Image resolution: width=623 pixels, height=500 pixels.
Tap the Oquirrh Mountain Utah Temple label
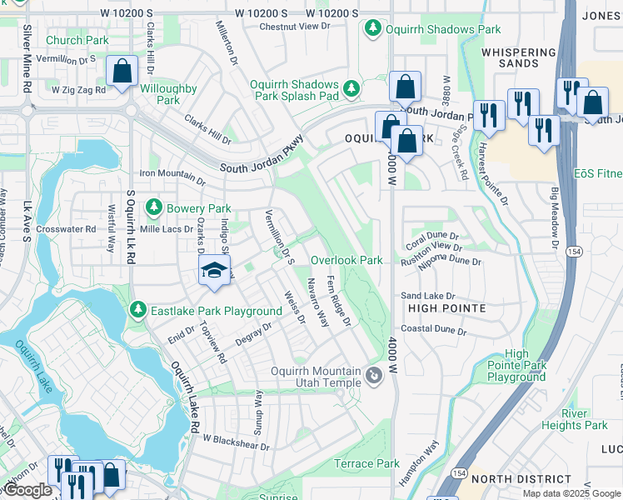(316, 377)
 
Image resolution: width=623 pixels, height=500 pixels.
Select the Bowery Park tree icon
(152, 207)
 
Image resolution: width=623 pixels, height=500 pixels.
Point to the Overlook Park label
(346, 260)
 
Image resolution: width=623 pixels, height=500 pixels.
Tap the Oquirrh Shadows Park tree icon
(372, 29)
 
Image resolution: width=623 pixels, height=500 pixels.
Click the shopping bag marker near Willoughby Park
(122, 72)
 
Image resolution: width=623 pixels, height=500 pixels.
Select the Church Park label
(77, 40)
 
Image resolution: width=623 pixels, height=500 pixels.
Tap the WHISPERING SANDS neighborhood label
(518, 57)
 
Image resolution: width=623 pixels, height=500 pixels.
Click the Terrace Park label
(366, 463)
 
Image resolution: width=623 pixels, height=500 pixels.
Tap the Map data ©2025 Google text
(571, 493)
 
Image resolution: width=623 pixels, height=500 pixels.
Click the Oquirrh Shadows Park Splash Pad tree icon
(352, 87)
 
